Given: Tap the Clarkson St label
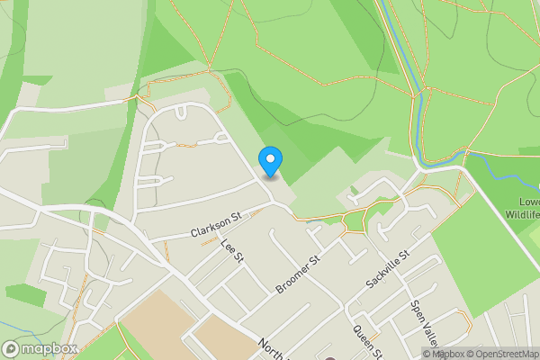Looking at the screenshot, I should pyautogui.click(x=217, y=224).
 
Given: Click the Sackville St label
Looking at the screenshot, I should pyautogui.click(x=388, y=269).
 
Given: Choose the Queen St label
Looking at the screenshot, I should pyautogui.click(x=368, y=341).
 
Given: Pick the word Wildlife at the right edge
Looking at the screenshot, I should pyautogui.click(x=522, y=215).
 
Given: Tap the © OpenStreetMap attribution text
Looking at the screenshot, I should pyautogui.click(x=502, y=354).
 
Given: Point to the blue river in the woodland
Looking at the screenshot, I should pyautogui.click(x=418, y=117).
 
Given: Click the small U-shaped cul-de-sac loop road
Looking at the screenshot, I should pyautogui.click(x=182, y=112).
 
